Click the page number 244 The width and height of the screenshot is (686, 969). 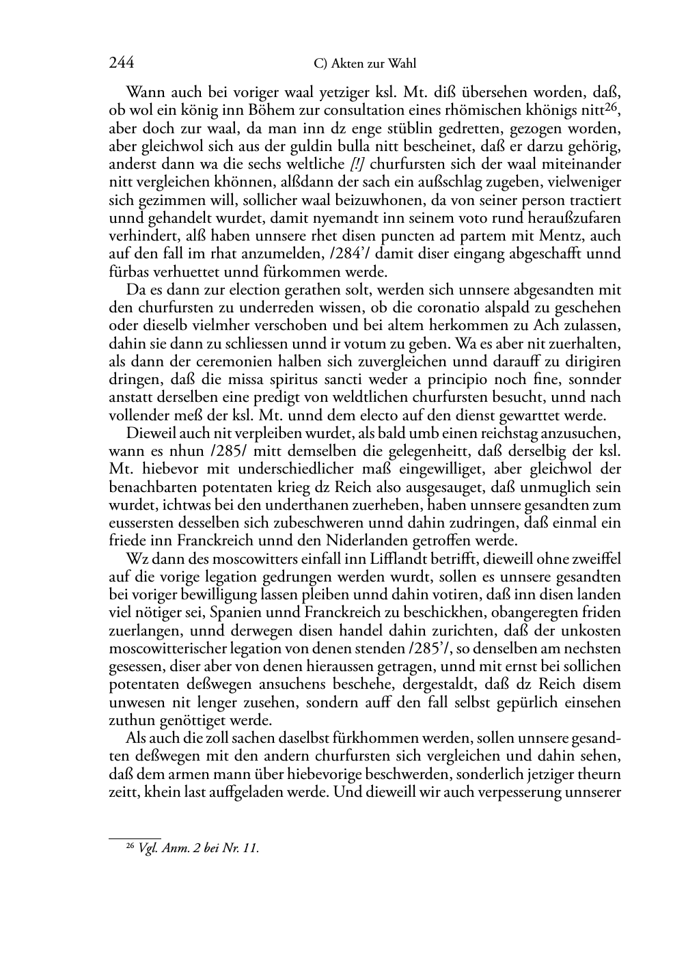[121, 64]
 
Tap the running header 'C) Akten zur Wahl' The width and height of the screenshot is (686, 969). [365, 64]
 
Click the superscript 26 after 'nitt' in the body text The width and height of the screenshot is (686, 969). [612, 107]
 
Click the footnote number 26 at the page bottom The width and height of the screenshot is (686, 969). [131, 846]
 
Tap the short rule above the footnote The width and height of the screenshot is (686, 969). [135, 838]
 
